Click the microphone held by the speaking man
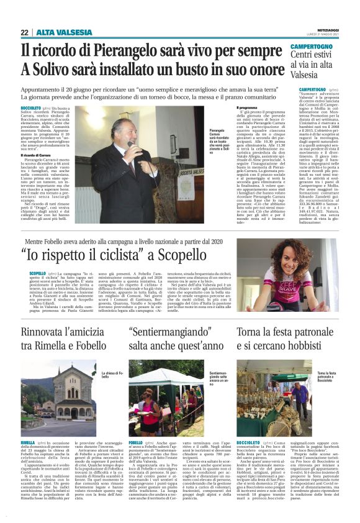click(x=130, y=147)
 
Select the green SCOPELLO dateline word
click(x=29, y=272)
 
